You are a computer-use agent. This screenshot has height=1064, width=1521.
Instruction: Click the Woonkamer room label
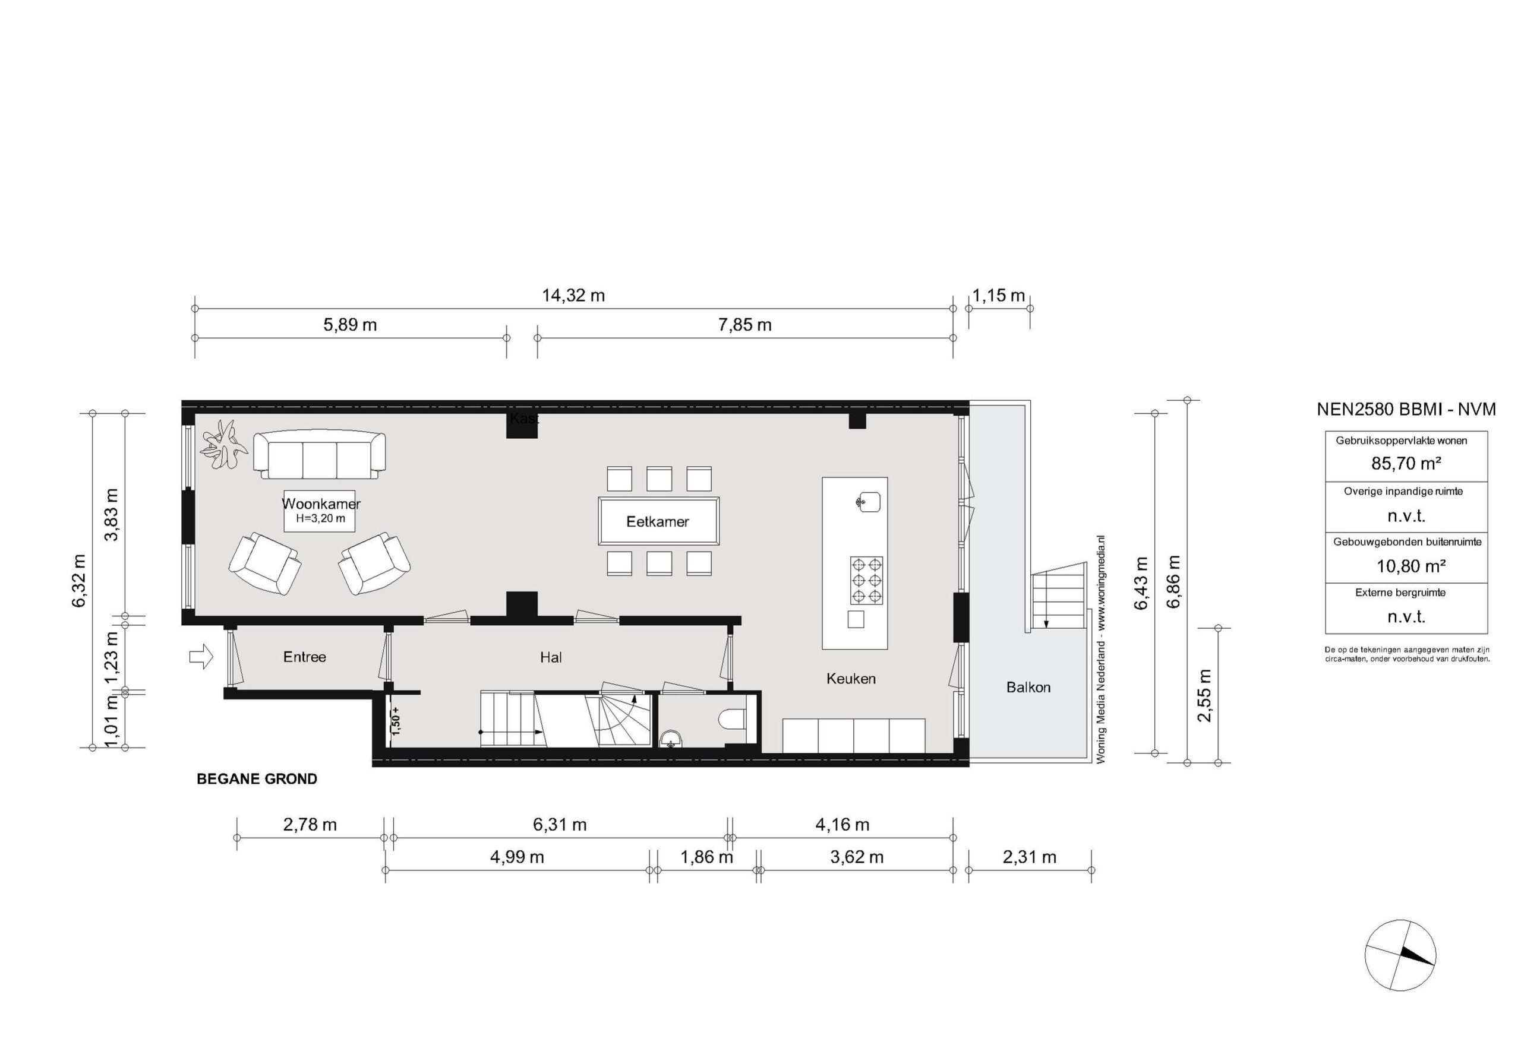(x=321, y=504)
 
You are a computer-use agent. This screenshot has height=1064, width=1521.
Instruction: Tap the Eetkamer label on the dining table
(x=658, y=522)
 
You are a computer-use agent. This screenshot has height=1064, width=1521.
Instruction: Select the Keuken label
(x=851, y=679)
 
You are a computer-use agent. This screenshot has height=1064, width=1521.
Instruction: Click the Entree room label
(x=305, y=657)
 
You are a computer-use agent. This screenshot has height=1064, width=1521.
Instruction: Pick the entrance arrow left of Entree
(x=201, y=657)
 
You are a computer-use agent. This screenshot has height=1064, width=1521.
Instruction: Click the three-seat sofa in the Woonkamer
(x=319, y=455)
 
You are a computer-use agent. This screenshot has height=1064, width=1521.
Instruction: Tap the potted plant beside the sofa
(x=223, y=445)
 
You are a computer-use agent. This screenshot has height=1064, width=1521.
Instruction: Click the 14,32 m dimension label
(x=574, y=295)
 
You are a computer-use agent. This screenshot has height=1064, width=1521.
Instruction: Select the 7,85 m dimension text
(x=744, y=325)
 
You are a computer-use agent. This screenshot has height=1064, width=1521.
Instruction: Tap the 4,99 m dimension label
(x=517, y=857)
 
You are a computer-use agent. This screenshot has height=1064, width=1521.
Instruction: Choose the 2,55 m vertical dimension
(x=1205, y=695)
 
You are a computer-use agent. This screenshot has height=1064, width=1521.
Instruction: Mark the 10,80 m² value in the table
(x=1406, y=566)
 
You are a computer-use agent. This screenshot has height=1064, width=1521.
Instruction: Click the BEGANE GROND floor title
(x=257, y=779)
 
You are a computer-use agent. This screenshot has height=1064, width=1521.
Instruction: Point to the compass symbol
(x=1400, y=955)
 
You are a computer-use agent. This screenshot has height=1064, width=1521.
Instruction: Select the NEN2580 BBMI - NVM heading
(x=1406, y=410)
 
